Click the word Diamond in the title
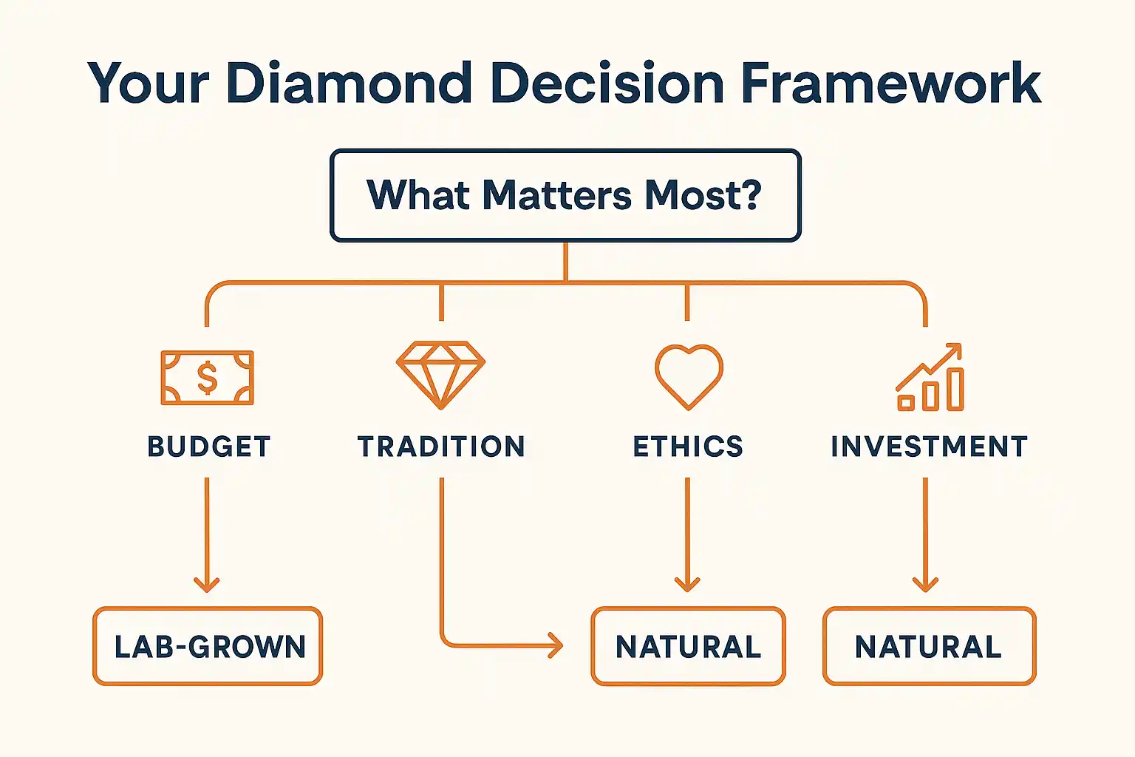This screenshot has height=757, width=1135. pyautogui.click(x=349, y=83)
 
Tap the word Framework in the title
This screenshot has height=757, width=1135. pyautogui.click(x=890, y=83)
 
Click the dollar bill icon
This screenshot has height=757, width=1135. pyautogui.click(x=207, y=378)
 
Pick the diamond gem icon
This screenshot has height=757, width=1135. pyautogui.click(x=441, y=376)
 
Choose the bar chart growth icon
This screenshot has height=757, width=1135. pyautogui.click(x=930, y=377)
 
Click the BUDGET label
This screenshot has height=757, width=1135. pyautogui.click(x=209, y=447)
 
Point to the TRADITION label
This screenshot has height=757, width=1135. pyautogui.click(x=441, y=447)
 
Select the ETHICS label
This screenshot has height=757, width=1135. pyautogui.click(x=688, y=447)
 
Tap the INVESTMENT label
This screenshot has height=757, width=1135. pyautogui.click(x=930, y=447)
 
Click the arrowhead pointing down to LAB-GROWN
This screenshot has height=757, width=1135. pyautogui.click(x=207, y=585)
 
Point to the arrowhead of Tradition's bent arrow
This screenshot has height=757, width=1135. pyautogui.click(x=556, y=645)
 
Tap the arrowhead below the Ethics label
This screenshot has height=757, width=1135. pyautogui.click(x=688, y=585)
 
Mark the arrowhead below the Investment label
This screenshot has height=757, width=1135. pyautogui.click(x=926, y=585)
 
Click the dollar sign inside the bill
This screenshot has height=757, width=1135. pyautogui.click(x=207, y=378)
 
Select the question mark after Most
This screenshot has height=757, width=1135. pyautogui.click(x=749, y=194)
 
